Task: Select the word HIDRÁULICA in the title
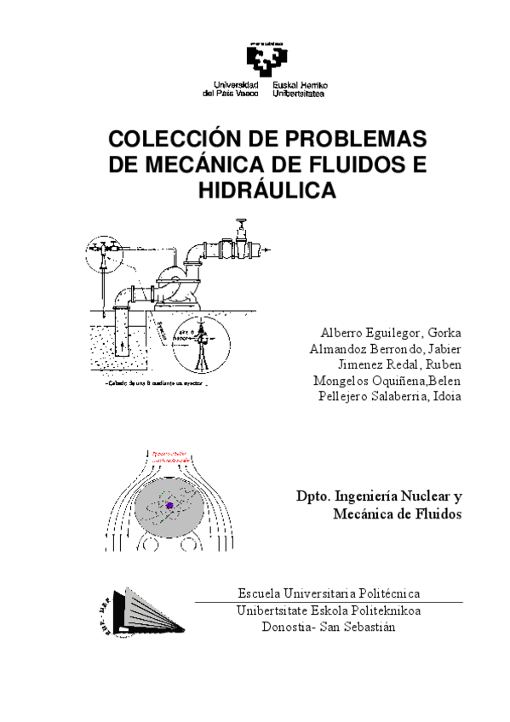click(266, 191)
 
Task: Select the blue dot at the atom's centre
click(169, 506)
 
